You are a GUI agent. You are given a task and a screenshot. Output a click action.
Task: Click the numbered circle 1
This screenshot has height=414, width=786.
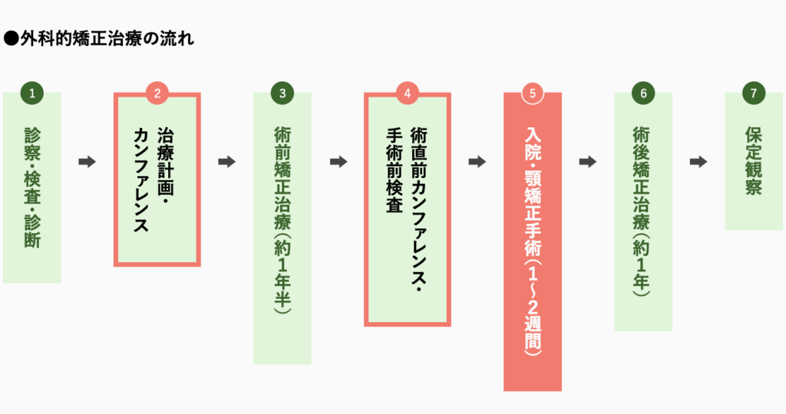point(31,94)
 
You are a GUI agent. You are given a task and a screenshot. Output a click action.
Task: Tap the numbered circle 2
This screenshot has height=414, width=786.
point(157,94)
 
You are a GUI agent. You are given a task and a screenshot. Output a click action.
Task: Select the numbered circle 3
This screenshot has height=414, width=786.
point(282,94)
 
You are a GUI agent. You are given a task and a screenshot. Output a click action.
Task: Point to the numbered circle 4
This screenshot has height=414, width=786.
point(408,94)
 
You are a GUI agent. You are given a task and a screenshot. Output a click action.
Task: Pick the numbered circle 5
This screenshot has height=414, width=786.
point(533,94)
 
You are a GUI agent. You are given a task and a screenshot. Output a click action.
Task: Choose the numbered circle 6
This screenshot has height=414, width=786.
point(643,94)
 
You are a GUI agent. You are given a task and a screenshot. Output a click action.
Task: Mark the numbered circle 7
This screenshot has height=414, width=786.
point(754,94)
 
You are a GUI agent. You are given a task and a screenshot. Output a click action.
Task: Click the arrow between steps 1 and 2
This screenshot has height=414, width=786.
point(87,162)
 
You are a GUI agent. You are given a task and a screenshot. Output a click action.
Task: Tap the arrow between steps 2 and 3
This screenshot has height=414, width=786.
point(226,162)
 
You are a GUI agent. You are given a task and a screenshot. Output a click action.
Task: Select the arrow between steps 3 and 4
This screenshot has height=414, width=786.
point(338,162)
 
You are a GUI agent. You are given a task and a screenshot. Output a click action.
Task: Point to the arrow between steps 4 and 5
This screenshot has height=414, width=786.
point(477,162)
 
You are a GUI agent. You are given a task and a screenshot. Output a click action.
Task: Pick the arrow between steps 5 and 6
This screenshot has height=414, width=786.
point(588,162)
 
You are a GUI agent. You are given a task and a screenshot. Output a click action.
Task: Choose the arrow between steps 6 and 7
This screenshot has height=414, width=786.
point(698,162)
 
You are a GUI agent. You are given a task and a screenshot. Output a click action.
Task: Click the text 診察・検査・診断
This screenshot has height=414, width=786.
point(31,187)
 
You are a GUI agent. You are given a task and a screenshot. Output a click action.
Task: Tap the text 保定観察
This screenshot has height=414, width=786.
point(754,161)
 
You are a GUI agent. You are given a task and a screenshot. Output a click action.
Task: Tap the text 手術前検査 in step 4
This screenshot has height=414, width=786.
point(393,169)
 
